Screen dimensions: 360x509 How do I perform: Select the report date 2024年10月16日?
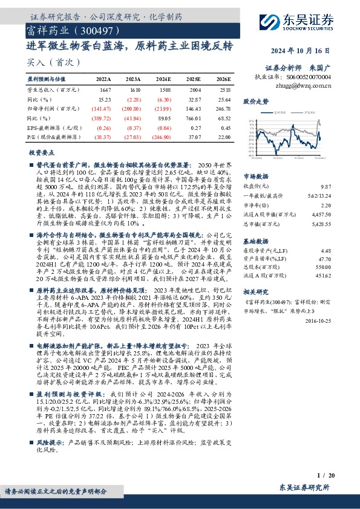[307, 51]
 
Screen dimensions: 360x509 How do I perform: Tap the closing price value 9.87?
[326, 188]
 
